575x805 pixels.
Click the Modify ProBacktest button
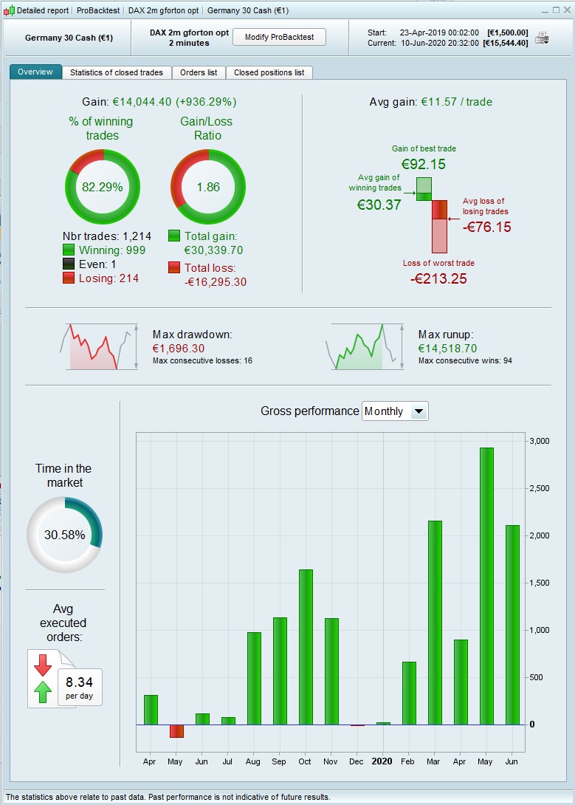pos(279,37)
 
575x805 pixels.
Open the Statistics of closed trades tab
pos(117,72)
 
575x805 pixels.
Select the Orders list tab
pos(199,72)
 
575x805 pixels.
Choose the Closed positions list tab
pos(269,72)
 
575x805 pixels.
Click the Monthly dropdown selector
pos(394,411)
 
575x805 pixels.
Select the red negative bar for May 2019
pos(176,730)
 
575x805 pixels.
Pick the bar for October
pos(306,647)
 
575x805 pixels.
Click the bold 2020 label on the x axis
pos(382,761)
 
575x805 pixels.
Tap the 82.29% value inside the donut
pos(102,187)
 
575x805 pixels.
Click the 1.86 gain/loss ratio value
pos(207,187)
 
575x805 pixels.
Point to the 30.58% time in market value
pos(64,535)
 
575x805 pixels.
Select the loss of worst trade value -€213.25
pos(438,278)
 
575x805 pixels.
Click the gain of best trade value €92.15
pos(424,164)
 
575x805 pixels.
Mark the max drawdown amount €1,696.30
pos(179,349)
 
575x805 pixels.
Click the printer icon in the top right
pos(542,38)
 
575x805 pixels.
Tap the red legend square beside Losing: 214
pos(69,278)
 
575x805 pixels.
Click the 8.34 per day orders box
pos(79,687)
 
